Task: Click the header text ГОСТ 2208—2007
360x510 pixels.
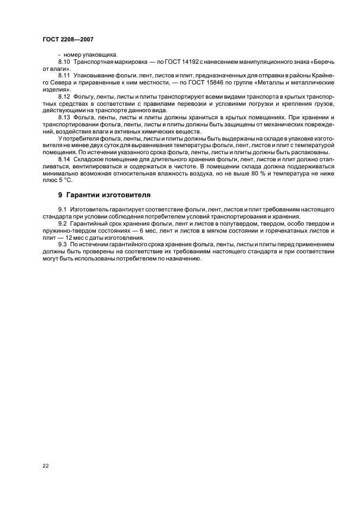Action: click(x=64, y=40)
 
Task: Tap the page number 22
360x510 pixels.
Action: click(x=45, y=465)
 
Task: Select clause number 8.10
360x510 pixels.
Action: click(x=64, y=63)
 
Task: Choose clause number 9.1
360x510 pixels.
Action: click(x=63, y=209)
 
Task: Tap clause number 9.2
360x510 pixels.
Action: click(x=63, y=224)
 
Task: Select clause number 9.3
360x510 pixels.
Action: click(x=63, y=244)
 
